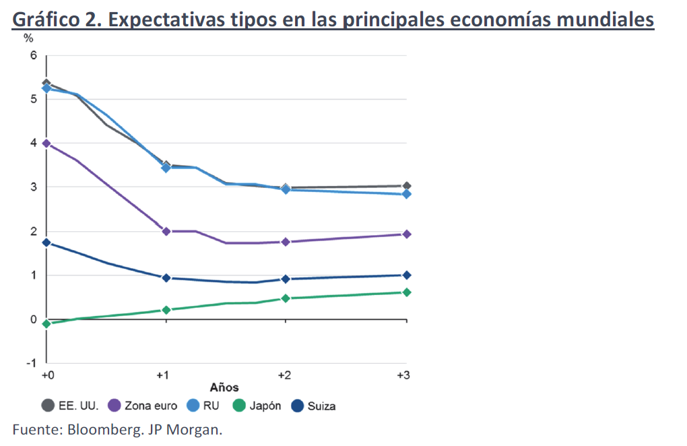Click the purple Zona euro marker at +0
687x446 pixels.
(x=46, y=143)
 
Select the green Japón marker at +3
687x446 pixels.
(x=406, y=292)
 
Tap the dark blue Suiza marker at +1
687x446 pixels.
(x=166, y=278)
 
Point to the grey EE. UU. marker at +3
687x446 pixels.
(x=406, y=186)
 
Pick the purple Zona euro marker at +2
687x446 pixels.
(x=286, y=242)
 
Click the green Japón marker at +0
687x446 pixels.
(x=46, y=323)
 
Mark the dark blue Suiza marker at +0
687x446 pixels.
(x=46, y=243)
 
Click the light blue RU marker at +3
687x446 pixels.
(x=406, y=194)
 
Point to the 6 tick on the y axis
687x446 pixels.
(x=33, y=55)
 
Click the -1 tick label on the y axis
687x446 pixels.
(x=31, y=363)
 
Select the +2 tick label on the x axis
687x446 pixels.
(x=284, y=375)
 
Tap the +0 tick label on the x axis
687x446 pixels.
(x=48, y=375)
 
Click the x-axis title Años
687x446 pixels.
(x=224, y=387)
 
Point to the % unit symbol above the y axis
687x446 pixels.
(x=28, y=38)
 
